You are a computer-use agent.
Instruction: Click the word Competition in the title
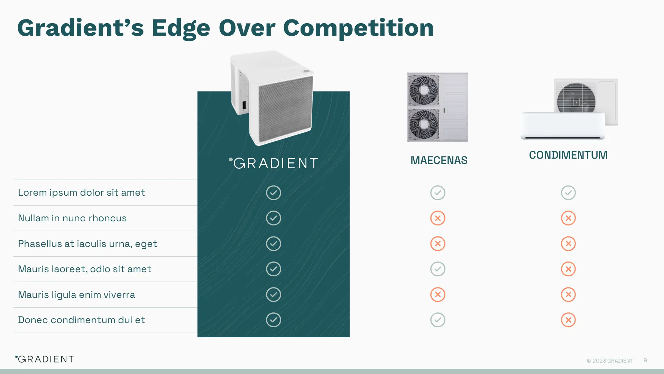(358, 28)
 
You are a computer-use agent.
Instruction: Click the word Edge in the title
(181, 28)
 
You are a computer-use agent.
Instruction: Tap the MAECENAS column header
(439, 160)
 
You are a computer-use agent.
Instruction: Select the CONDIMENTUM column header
(568, 155)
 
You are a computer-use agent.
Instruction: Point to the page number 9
(645, 360)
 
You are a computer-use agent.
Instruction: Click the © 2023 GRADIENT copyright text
(610, 361)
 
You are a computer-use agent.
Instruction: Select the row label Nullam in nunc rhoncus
(72, 218)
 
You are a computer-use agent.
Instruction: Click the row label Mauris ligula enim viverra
(76, 295)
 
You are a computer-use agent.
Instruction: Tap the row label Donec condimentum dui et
(81, 320)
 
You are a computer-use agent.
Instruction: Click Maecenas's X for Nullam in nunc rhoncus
(437, 218)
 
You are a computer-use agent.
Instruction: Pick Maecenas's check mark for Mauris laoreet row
(437, 269)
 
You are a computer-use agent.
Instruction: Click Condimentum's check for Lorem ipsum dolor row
(568, 193)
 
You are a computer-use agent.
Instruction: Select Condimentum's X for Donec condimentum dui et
(568, 320)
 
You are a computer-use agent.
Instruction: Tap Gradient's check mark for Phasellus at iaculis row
(273, 243)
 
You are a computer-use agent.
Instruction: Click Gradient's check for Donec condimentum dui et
(273, 320)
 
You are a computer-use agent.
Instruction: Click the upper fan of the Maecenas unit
(424, 90)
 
